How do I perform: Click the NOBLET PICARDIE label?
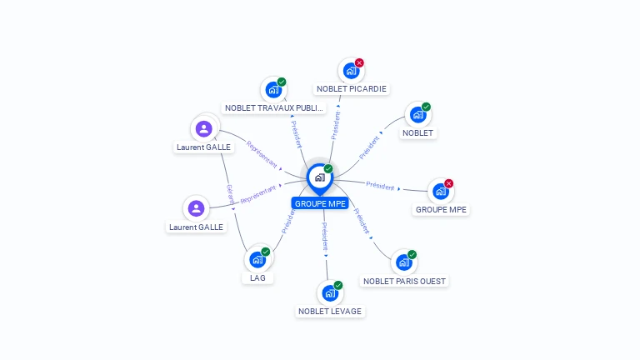[352, 89]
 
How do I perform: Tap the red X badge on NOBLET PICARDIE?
[359, 63]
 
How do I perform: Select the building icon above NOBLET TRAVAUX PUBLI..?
[272, 90]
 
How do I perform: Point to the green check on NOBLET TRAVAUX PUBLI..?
[282, 82]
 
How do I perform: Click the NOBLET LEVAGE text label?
[330, 312]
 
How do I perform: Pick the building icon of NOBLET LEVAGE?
[330, 293]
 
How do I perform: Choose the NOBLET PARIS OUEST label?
[405, 282]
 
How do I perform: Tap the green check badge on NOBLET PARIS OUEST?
[412, 255]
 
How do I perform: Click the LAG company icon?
[257, 260]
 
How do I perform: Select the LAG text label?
[258, 278]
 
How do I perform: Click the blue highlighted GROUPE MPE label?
[320, 203]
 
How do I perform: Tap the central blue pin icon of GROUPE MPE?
[319, 177]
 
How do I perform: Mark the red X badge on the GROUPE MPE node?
[448, 183]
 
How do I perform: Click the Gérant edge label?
[229, 194]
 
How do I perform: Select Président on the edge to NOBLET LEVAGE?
[325, 238]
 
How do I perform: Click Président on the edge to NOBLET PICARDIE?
[335, 124]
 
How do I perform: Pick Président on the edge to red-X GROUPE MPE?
[380, 187]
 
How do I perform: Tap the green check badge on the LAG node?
[265, 252]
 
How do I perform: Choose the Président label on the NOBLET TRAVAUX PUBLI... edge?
[296, 132]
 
